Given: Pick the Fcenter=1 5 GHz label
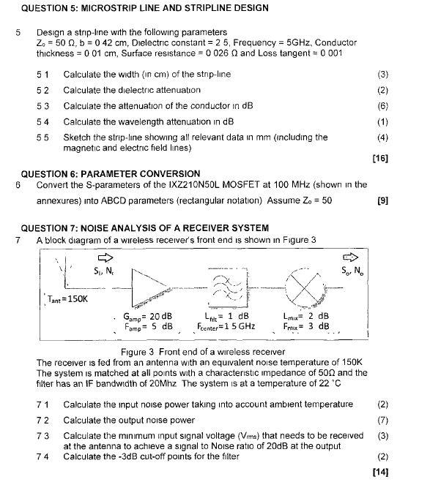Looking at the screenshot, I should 226,325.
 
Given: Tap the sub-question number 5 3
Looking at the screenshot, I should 43,105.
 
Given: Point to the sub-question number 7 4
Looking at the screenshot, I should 43,457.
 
